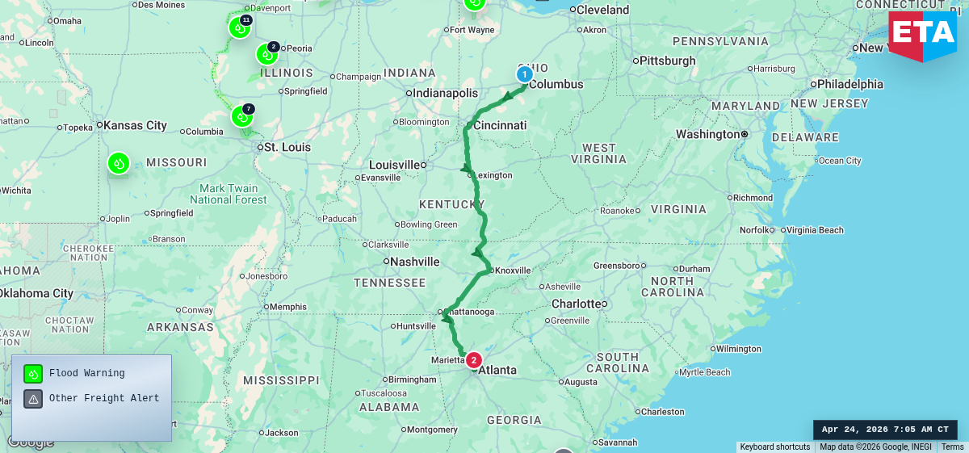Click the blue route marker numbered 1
525,74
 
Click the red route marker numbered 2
474,360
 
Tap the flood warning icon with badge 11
239,27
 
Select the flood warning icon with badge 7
241,116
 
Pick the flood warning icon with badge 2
266,55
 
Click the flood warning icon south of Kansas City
119,163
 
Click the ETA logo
922,36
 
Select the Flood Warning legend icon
33,374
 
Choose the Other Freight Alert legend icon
33,398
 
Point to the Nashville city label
414,262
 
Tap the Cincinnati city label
500,125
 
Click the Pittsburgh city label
668,61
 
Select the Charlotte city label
577,304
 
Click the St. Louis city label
282,147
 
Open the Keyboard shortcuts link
774,447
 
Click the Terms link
952,447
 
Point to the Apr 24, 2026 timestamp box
885,430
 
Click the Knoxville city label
513,271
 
